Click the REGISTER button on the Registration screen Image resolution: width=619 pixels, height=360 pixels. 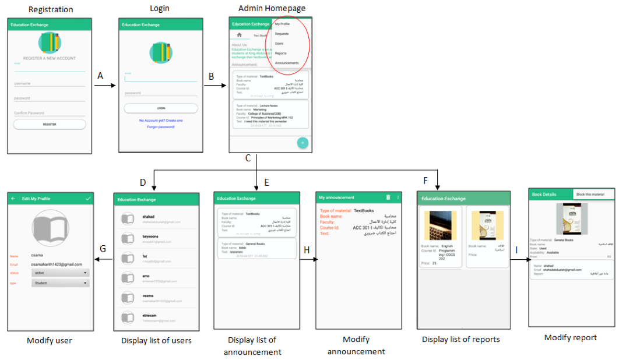(50, 124)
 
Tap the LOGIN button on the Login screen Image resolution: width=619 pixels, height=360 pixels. (161, 108)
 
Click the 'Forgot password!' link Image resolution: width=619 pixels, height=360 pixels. (161, 126)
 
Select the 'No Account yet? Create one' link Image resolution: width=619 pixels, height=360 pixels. (161, 120)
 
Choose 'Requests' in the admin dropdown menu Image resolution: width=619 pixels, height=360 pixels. (282, 34)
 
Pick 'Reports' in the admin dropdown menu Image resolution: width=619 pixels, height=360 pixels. (281, 53)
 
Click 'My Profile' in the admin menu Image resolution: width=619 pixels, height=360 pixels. (283, 24)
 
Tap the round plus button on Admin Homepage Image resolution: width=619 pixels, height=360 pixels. (303, 143)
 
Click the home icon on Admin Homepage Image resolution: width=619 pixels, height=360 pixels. (239, 35)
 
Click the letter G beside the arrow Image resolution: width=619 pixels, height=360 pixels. (103, 249)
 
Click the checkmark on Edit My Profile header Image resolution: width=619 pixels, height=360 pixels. (88, 199)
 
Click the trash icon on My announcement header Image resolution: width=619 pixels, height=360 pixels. (387, 198)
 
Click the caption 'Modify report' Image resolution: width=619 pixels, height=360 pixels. (570, 338)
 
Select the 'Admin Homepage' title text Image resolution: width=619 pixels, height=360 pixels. (272, 8)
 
